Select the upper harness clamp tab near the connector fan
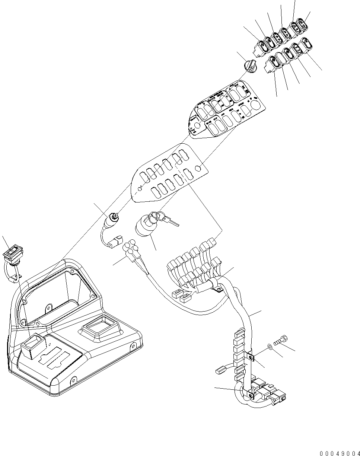pyautogui.click(x=217, y=286)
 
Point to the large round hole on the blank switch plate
pyautogui.click(x=202, y=168)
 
